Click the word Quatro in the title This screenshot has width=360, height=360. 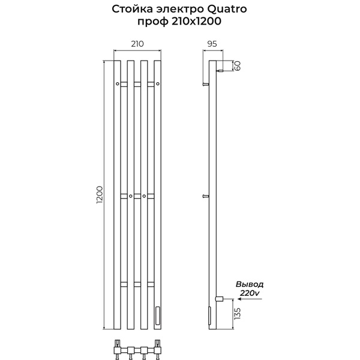[227, 9]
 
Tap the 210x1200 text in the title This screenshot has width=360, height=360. [196, 22]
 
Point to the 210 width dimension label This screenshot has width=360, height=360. [137, 44]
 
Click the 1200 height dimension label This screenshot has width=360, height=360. [100, 195]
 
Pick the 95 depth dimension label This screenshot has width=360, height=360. [212, 44]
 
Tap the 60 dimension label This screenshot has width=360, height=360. [238, 66]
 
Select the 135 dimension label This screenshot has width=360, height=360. [238, 313]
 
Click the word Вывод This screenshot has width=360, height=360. [250, 284]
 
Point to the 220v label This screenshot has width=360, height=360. [250, 293]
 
